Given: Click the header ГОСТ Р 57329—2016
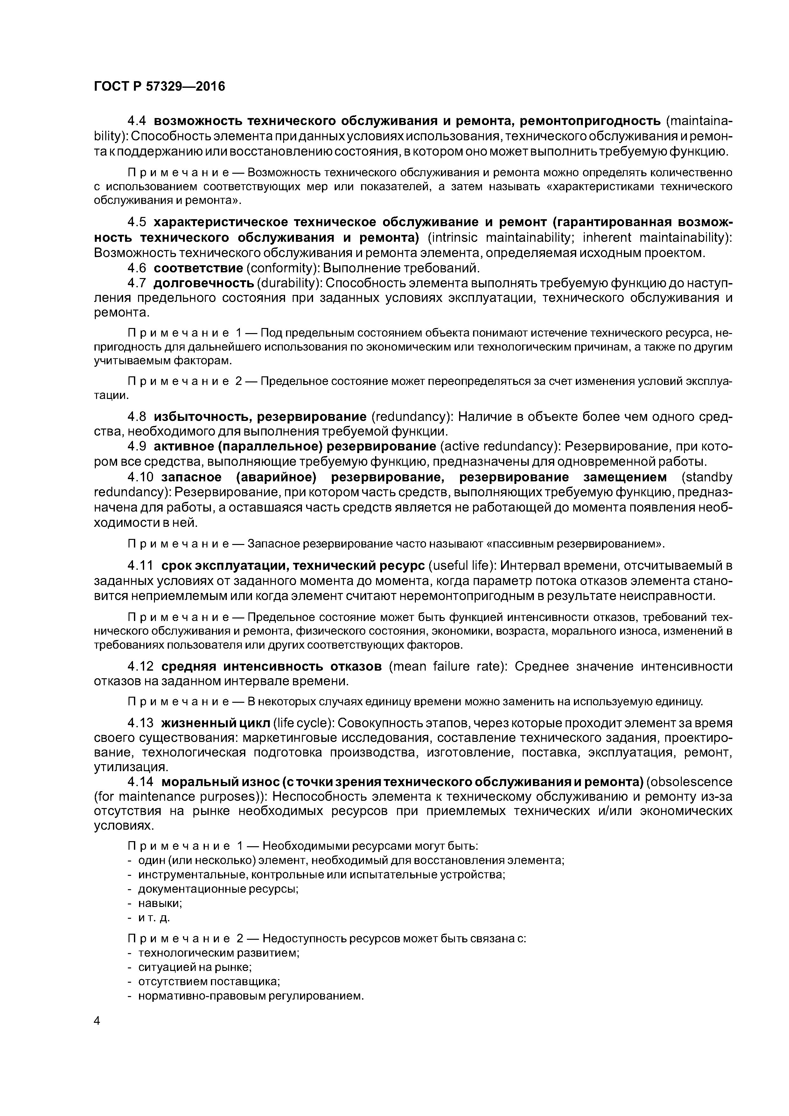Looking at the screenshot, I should [159, 87].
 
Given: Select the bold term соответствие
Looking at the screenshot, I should [198, 268].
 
